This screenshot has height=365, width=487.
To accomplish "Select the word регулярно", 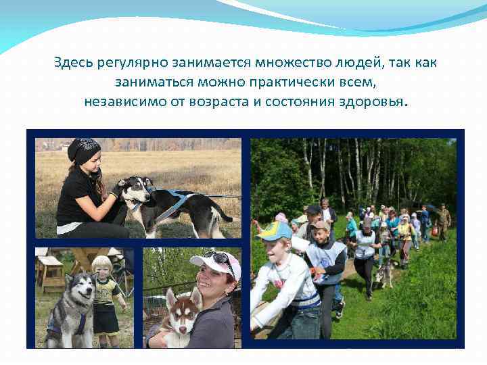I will tap(127, 63).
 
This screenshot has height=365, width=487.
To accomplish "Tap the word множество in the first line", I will tap(286, 63).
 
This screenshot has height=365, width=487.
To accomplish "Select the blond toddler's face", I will tap(103, 268).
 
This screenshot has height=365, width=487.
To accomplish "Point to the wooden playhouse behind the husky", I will tap(51, 269).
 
